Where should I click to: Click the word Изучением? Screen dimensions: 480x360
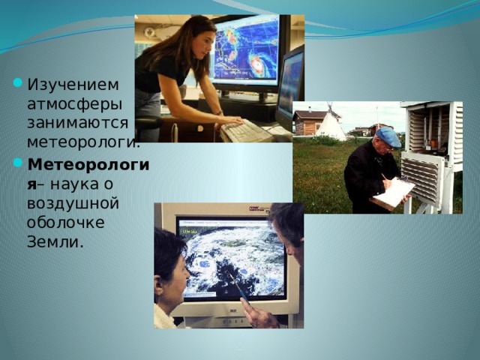point(73,85)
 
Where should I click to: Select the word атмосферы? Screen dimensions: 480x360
point(75,105)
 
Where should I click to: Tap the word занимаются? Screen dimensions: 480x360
point(78,123)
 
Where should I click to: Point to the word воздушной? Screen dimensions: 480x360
point(73,203)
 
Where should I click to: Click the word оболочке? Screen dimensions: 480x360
point(66,222)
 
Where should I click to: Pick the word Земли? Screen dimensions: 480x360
point(55,241)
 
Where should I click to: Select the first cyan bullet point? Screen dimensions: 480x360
point(18,82)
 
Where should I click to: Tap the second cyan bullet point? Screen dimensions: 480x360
point(18,162)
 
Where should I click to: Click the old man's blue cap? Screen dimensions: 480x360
point(388,136)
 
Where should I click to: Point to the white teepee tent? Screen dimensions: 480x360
point(331,122)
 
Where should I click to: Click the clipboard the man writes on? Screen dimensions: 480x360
point(392,193)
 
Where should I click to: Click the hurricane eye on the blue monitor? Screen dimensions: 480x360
point(256,64)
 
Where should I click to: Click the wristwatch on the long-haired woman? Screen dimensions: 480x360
point(219,113)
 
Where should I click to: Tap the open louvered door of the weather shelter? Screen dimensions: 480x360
point(422,178)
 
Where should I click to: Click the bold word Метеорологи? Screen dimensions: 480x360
point(88,165)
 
